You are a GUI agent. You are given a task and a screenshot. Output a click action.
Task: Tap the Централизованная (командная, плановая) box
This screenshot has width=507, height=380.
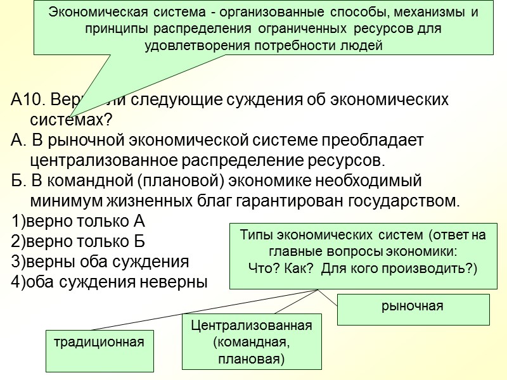pyautogui.click(x=252, y=342)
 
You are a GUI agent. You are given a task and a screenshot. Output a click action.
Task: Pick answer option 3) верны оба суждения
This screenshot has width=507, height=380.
pyautogui.click(x=100, y=261)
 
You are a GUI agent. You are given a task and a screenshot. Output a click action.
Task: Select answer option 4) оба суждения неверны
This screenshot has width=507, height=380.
pyautogui.click(x=109, y=281)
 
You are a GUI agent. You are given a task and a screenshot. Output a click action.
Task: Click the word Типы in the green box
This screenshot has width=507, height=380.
pyautogui.click(x=252, y=236)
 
